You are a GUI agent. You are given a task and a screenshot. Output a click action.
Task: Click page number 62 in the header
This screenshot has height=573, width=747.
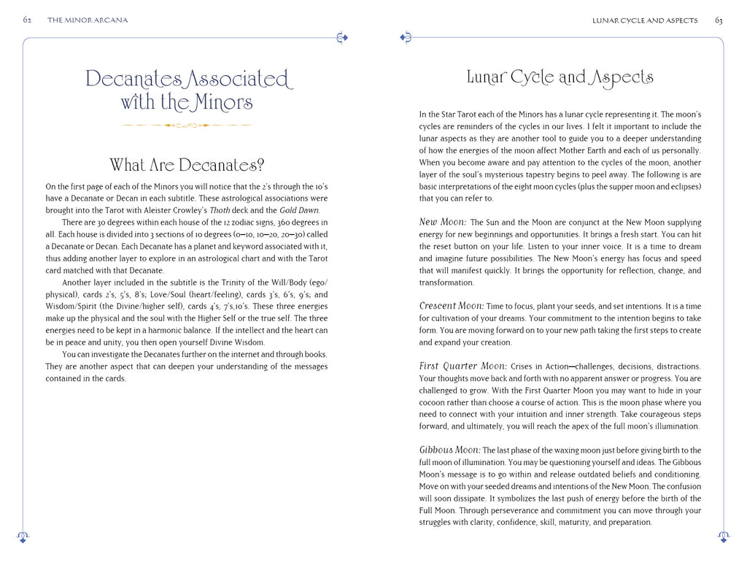[27, 20]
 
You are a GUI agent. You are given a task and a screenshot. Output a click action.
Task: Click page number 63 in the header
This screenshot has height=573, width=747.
[719, 20]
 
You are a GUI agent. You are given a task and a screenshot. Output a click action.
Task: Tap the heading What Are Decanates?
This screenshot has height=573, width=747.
[187, 164]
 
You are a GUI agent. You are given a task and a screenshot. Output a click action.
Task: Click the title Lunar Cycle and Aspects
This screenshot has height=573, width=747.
[560, 77]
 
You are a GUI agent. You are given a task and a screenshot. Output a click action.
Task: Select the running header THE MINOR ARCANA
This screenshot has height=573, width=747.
[88, 20]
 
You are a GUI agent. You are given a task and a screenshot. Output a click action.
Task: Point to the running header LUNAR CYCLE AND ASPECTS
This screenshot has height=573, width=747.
[645, 20]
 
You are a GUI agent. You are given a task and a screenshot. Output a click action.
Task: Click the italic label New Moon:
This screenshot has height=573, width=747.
[443, 222]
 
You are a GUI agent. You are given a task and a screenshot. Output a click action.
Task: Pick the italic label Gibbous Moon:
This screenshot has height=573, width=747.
[449, 450]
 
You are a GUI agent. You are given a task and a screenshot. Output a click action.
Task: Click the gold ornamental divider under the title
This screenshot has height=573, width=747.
[187, 126]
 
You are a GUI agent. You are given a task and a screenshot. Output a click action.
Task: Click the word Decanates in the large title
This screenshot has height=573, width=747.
[132, 78]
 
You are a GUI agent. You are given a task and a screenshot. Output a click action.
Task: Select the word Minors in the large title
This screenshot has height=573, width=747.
[223, 102]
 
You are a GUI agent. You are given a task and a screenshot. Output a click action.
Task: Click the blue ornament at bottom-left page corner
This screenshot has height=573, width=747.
[23, 537]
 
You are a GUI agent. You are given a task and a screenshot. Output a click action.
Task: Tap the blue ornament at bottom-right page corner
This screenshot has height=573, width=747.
[724, 537]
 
